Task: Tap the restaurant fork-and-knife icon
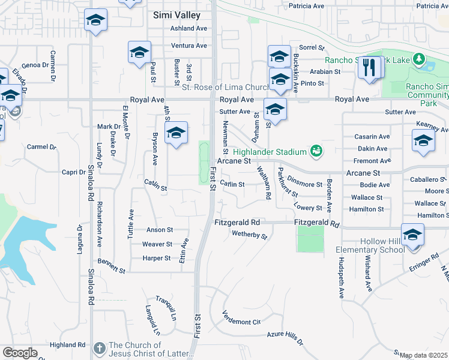coord(369,67)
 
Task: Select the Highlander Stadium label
coord(270,151)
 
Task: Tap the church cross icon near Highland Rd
coord(99,347)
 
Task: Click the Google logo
coord(20,352)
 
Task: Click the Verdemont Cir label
coord(241,318)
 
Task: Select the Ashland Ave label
coord(188,28)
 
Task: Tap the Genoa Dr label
coord(34,65)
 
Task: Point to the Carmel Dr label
coord(41,146)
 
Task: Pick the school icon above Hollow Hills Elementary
coord(412,234)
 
